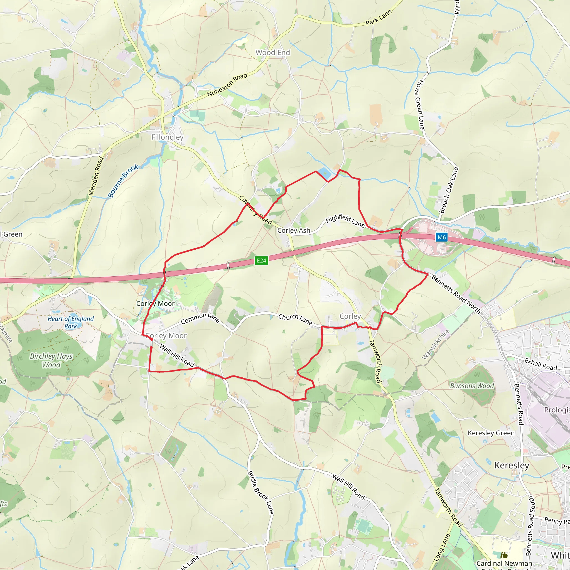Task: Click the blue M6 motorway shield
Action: pos(441,237)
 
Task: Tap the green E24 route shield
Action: pos(261,261)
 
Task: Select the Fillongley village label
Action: pos(167,137)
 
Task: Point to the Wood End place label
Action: pos(272,53)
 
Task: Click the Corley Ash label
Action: pos(294,230)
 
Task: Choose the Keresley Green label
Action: pos(491,433)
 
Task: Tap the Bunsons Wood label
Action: pos(472,386)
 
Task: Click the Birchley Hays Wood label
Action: pos(51,360)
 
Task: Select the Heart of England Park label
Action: pos(70,323)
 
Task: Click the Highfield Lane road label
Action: pos(345,220)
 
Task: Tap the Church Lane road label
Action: pos(295,319)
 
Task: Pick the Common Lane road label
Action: pos(200,318)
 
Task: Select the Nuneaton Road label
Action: pos(227,85)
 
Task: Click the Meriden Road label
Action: pos(96,176)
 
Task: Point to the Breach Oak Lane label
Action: pos(448,190)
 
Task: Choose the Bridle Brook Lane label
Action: pos(261,492)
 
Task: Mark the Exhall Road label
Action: pos(540,364)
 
